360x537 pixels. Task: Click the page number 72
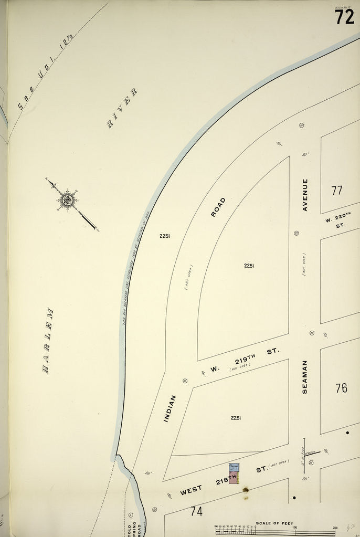[x=345, y=17]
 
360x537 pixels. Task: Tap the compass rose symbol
[x=67, y=199]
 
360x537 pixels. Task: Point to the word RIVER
[x=122, y=109]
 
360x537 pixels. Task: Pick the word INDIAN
[x=169, y=408]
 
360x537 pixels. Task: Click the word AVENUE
[x=305, y=195]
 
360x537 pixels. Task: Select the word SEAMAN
[x=305, y=376]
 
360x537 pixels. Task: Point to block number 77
[x=336, y=190]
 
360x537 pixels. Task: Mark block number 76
[x=341, y=388]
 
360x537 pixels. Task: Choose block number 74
[x=196, y=511]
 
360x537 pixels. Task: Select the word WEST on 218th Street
[x=191, y=491]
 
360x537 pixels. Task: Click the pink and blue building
[x=234, y=474]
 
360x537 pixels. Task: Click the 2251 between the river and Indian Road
[x=165, y=236]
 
